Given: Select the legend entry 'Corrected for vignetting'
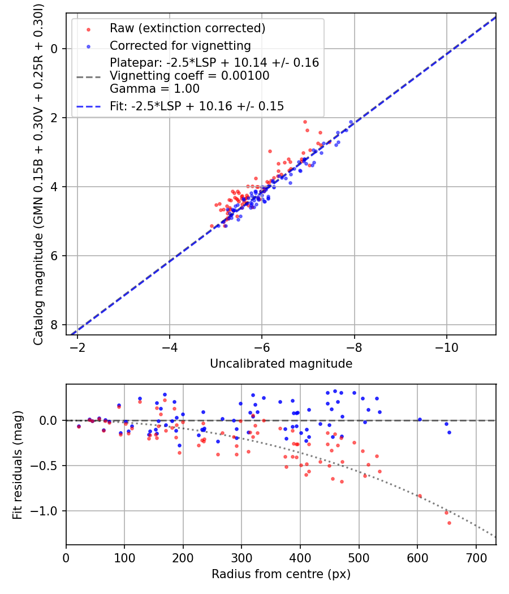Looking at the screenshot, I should click(180, 45).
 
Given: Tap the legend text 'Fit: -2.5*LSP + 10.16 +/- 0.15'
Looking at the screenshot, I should click(197, 106).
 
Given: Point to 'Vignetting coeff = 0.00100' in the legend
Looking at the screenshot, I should click(189, 76).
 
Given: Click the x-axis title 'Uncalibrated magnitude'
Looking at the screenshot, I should click(281, 364).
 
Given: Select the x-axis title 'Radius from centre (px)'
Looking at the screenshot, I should click(281, 574).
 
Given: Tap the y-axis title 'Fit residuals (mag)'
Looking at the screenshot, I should click(18, 464).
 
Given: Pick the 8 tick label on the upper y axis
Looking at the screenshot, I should click(55, 325).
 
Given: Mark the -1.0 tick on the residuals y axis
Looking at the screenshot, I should click(48, 511).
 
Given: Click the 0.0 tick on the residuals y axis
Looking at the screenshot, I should click(50, 420).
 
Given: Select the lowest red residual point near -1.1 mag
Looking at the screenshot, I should click(449, 523).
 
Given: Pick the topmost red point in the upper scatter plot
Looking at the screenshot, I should click(305, 122).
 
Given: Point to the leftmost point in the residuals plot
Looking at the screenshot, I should click(79, 426).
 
